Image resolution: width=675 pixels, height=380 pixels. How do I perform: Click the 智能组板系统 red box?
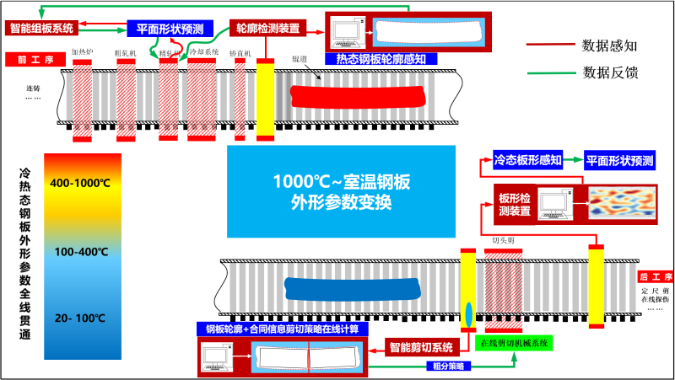click(x=41, y=28)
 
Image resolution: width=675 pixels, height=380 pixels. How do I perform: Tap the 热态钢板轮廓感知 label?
click(x=386, y=59)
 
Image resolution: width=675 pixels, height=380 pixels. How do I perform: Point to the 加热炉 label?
click(x=82, y=52)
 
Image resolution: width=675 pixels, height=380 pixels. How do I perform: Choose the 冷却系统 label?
click(x=203, y=52)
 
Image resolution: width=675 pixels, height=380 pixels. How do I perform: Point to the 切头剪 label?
click(x=504, y=240)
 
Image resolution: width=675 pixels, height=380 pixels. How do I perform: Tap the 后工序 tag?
click(x=655, y=276)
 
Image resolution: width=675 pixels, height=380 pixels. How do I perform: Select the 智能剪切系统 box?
click(x=420, y=346)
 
